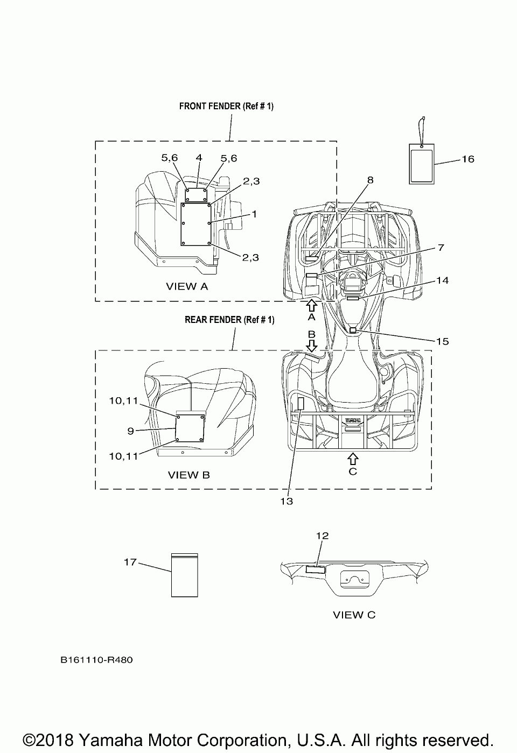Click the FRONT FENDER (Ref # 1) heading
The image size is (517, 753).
(x=226, y=106)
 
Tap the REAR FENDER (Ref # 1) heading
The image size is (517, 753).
(x=229, y=320)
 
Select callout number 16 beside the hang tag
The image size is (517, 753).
(x=467, y=159)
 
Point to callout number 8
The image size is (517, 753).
(x=370, y=180)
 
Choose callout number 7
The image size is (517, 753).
(x=441, y=248)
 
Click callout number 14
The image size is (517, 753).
(x=442, y=280)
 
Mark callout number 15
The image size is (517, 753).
(x=442, y=341)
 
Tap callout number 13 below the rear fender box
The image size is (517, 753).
(x=287, y=501)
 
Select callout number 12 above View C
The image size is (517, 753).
(x=322, y=536)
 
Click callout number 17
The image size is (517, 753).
(x=130, y=562)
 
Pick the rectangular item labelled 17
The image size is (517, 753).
(x=185, y=575)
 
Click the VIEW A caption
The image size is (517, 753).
(x=186, y=286)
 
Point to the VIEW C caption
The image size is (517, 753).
(x=354, y=615)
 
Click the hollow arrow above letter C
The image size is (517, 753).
(x=352, y=458)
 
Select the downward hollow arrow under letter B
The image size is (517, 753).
(x=311, y=345)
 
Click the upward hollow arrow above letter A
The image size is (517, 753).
(x=311, y=305)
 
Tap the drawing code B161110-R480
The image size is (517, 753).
(x=96, y=660)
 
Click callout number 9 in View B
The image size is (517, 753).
(x=131, y=431)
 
